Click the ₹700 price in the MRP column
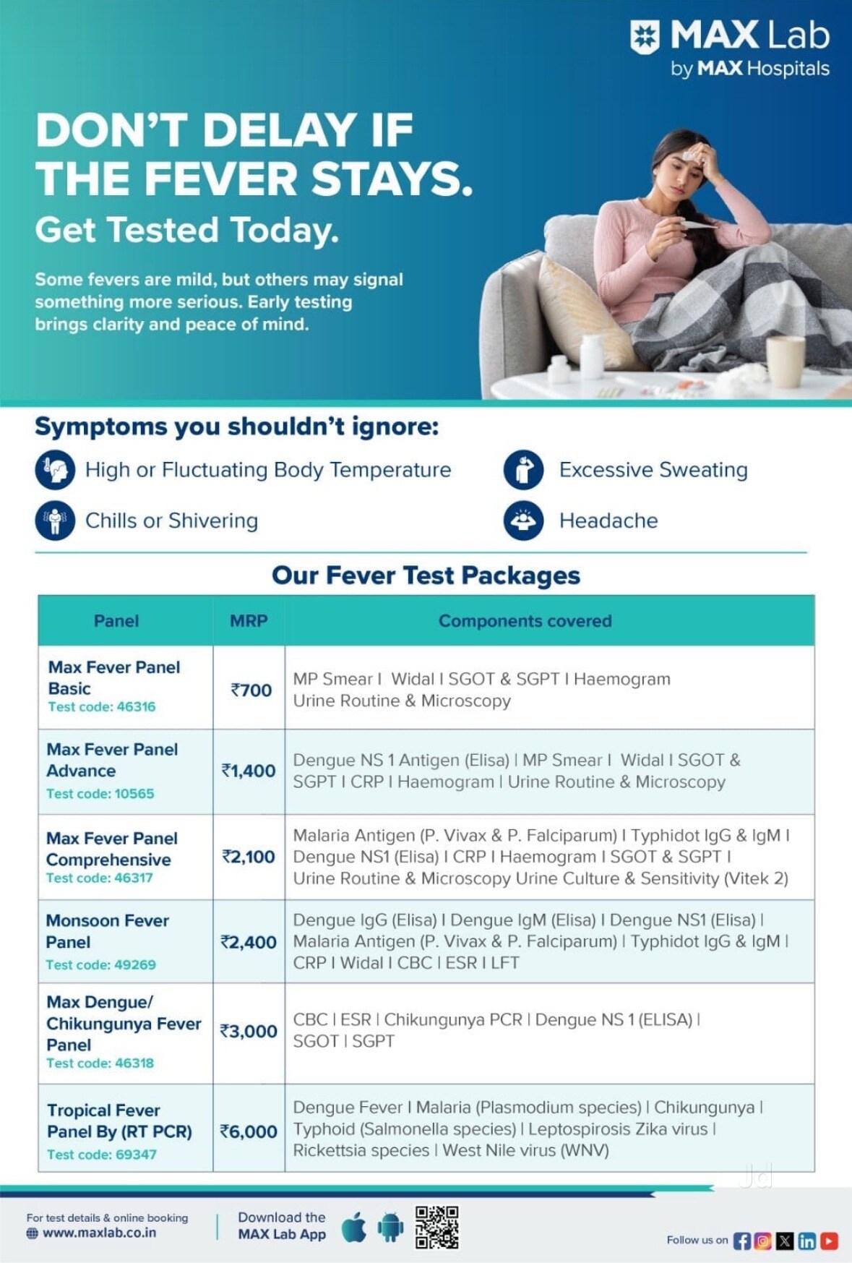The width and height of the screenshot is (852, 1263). point(251,690)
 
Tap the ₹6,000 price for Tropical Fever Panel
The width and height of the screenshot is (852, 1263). point(249,1131)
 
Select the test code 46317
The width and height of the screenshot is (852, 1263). point(100,878)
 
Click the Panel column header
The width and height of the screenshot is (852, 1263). point(116,621)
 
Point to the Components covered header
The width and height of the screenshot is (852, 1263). point(525,621)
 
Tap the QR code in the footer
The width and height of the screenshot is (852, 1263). point(436,1228)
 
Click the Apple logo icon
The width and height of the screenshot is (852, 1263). point(353,1227)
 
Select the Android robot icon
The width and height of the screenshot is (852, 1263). point(391,1227)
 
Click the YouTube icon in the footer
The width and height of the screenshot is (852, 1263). point(829,1241)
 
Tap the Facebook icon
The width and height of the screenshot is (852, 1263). point(741,1241)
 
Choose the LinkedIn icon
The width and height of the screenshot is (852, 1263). point(807,1241)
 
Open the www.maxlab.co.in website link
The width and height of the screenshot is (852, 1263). point(99,1233)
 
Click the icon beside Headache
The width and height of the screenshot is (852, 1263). point(523,521)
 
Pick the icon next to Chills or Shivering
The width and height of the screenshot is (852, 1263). point(55,521)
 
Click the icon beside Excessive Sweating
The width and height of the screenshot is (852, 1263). point(523,470)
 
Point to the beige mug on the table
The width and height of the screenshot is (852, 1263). point(785,361)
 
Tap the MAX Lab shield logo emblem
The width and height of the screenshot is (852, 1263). point(645,36)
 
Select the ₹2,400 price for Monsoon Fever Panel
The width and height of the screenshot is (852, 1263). point(249,942)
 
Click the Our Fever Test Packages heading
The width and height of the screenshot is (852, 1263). point(426,575)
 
